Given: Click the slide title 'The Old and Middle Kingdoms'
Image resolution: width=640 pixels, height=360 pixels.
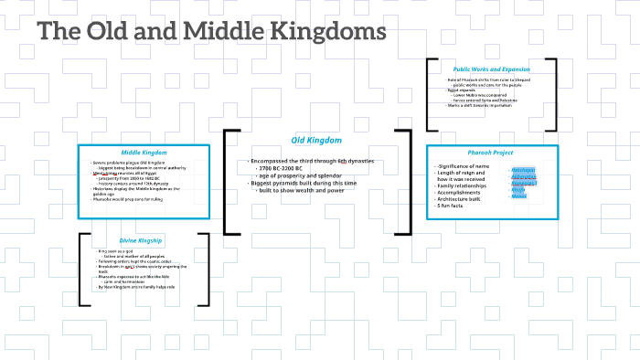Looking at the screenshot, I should pos(211,33).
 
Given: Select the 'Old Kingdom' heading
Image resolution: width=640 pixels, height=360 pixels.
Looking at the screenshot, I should pos(316,140).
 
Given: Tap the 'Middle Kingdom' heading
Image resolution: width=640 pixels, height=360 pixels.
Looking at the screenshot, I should pos(144,152).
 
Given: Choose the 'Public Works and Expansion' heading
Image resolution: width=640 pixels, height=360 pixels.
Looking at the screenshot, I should pos(491,69).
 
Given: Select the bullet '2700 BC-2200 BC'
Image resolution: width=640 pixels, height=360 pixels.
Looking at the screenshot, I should pos(284,169).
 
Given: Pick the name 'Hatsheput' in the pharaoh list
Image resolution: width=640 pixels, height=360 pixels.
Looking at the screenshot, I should pos(524,170).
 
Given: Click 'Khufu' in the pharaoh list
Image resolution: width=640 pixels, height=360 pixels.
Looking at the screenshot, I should pos(518,190).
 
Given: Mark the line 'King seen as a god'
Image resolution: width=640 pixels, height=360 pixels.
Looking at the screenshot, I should pos(118,250).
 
